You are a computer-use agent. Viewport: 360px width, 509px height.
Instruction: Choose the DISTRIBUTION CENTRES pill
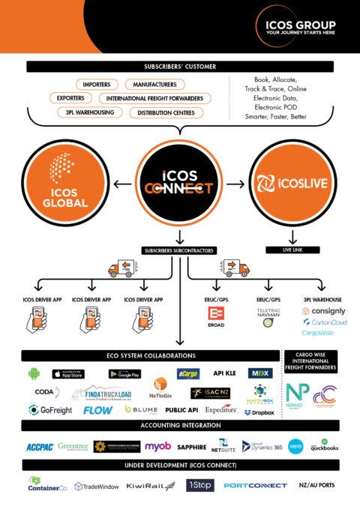(167, 112)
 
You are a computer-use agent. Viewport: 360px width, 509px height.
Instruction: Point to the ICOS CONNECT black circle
(179, 181)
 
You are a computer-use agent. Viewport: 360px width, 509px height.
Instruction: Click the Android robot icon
(34, 373)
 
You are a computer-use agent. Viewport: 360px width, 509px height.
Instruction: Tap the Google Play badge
(124, 373)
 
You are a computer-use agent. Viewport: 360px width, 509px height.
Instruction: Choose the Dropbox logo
(258, 412)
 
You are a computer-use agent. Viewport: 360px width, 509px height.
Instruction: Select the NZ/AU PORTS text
(317, 485)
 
